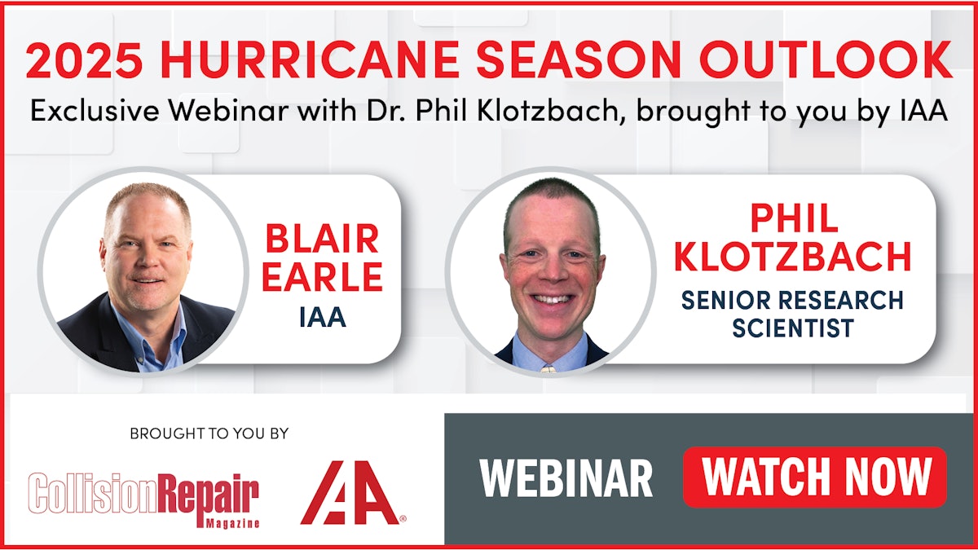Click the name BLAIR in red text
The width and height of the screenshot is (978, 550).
coord(321,240)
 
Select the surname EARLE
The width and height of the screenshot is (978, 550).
coord(321,277)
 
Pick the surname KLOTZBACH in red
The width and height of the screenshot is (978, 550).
coord(793,257)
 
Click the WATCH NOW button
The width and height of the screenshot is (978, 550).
coord(814,477)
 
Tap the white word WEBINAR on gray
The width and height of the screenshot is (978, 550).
coord(566,478)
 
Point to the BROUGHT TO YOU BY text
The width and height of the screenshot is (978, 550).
coord(209,434)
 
